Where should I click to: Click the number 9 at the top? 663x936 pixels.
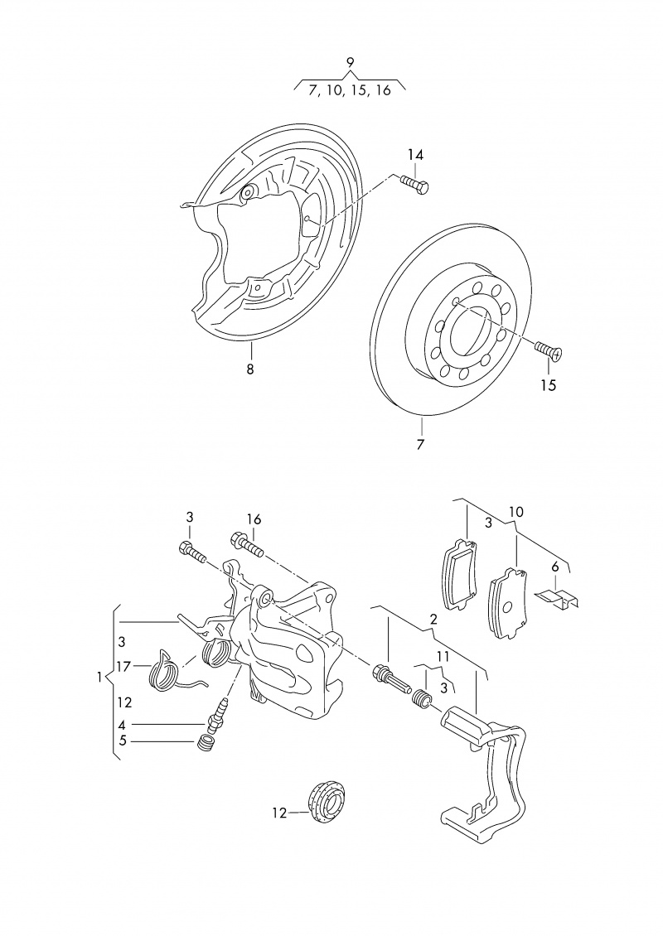350,61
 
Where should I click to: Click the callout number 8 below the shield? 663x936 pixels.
250,369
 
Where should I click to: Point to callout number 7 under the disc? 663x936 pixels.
421,445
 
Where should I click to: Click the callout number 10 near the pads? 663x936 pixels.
516,513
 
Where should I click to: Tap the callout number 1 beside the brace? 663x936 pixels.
99,677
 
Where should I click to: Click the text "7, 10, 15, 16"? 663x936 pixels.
349,91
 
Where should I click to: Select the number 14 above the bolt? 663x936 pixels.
415,155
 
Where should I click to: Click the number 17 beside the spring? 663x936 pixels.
124,665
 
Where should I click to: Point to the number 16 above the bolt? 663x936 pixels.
254,519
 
